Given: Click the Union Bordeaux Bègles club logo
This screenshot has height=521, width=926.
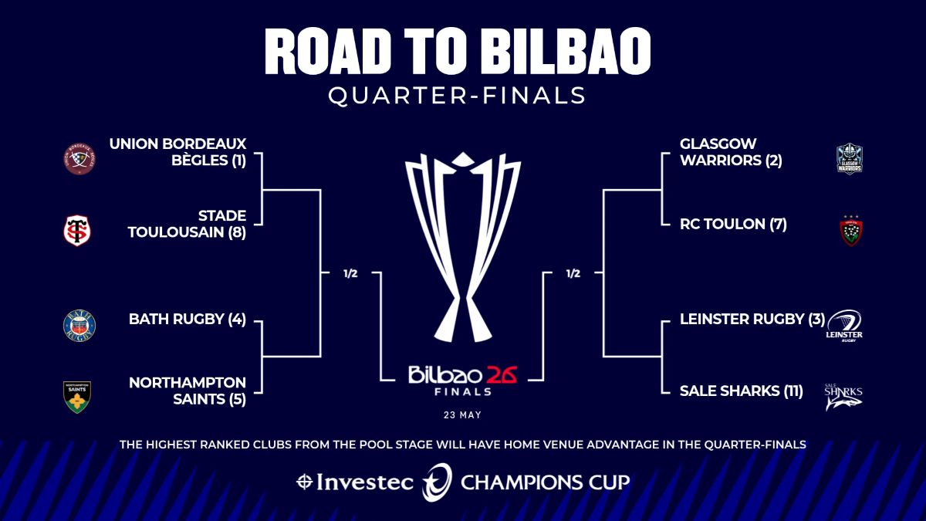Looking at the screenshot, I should coord(79,159).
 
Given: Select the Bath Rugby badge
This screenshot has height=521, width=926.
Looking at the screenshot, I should coord(79,326).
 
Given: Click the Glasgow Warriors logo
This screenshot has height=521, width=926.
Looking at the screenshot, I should coord(849,160).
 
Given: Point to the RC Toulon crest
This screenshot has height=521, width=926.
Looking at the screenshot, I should coord(850,231).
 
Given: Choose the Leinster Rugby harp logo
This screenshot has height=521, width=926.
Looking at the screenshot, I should coord(845,325).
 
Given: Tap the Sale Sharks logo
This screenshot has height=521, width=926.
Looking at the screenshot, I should coord(843,396).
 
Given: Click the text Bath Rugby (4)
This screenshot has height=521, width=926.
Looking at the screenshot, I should coord(187,319).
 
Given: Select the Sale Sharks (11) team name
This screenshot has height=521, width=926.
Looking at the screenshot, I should coord(741,391).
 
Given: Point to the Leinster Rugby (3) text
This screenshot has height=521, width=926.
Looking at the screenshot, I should coord(752,319).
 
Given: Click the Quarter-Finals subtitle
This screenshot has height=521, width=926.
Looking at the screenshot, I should coord(457,96).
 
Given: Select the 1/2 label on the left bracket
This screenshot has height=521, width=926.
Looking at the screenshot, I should coord(350,273).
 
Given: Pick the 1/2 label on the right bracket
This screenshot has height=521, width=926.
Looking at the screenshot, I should coord(573,273).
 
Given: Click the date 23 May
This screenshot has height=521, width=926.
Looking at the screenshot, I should coord(463,414).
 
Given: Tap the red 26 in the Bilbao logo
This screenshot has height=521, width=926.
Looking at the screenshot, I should coord(501,375).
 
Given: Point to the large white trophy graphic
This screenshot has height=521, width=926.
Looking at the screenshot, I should coord(463,247).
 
